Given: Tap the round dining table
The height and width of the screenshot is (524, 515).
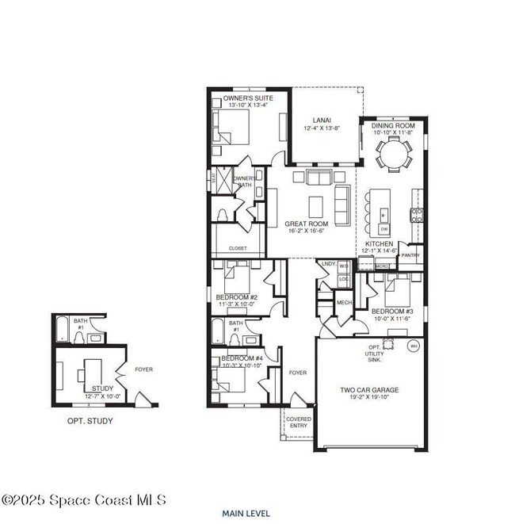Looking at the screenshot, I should (x=394, y=160).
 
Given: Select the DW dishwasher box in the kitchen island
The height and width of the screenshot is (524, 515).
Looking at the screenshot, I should (x=383, y=229).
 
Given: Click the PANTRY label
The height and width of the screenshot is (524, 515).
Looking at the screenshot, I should (x=410, y=256).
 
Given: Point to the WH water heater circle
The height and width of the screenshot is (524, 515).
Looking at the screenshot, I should (x=413, y=346).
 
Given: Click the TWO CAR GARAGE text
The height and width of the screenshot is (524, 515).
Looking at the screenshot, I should (x=369, y=390).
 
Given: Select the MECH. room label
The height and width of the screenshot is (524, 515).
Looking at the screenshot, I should (x=344, y=302).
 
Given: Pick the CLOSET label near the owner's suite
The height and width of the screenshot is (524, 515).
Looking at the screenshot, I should (x=238, y=248).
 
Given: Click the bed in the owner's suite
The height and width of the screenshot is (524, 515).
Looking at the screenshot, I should (x=231, y=127).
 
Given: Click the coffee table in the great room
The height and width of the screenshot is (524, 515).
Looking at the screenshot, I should (x=316, y=205).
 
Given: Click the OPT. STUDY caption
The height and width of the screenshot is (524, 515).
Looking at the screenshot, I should (x=90, y=421).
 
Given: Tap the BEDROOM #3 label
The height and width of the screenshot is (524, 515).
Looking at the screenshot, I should (x=392, y=312).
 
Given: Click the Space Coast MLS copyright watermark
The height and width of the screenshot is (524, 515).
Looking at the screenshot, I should (x=84, y=500).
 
